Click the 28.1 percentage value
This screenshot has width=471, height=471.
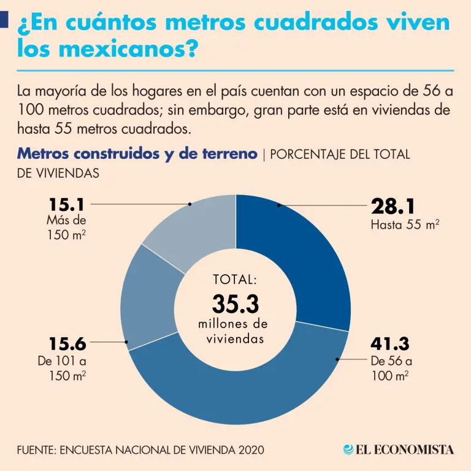coord(397,207)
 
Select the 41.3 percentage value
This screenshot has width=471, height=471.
coord(390,343)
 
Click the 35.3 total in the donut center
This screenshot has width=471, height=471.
coord(235,304)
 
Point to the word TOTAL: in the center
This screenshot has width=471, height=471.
coord(235,280)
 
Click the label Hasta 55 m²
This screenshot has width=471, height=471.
coord(405,225)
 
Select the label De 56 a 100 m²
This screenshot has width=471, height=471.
coord(391,367)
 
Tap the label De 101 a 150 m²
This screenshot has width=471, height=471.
coord(62,367)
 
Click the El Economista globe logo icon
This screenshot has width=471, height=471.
coord(349,450)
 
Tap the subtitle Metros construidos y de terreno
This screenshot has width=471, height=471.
coord(137,154)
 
